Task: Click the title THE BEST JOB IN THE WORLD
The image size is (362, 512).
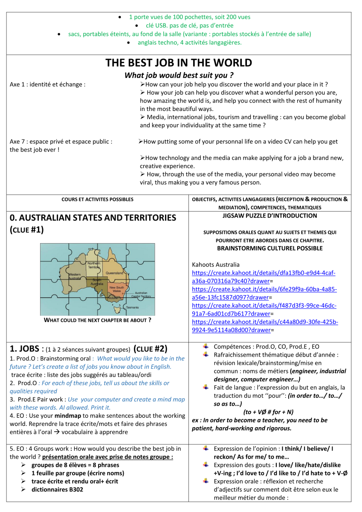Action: click(x=179, y=63)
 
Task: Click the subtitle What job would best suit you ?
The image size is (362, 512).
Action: click(x=179, y=76)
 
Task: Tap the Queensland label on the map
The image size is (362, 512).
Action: click(x=114, y=273)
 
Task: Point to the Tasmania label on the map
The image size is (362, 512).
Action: click(x=132, y=308)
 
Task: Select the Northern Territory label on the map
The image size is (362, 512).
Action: click(x=94, y=265)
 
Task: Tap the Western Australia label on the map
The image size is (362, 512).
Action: click(x=75, y=276)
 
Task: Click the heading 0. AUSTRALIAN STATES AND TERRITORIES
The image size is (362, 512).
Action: click(x=93, y=218)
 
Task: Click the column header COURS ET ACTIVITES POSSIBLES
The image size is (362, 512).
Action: click(x=97, y=199)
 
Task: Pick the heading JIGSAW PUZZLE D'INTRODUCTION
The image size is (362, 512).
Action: click(x=269, y=216)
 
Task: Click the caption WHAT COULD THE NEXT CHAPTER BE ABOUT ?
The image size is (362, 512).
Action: click(x=97, y=320)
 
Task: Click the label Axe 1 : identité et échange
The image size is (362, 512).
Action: click(x=47, y=84)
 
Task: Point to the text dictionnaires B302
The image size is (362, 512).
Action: click(x=57, y=489)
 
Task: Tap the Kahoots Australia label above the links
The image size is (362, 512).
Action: click(x=216, y=265)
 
